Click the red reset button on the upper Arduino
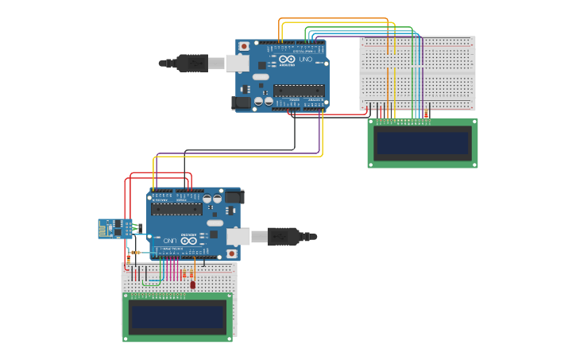(242, 47)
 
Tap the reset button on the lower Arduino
(231, 254)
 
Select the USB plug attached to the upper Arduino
(191, 63)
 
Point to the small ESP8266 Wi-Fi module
(114, 229)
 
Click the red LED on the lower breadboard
(191, 285)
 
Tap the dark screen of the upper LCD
(422, 143)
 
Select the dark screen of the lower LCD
(177, 317)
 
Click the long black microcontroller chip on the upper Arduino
(299, 90)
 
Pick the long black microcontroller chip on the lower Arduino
(176, 210)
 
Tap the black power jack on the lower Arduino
(234, 196)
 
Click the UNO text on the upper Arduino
(306, 60)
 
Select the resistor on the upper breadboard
(426, 114)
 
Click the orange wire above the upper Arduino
(334, 19)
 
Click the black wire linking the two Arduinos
(238, 149)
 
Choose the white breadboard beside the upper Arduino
(445, 72)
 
